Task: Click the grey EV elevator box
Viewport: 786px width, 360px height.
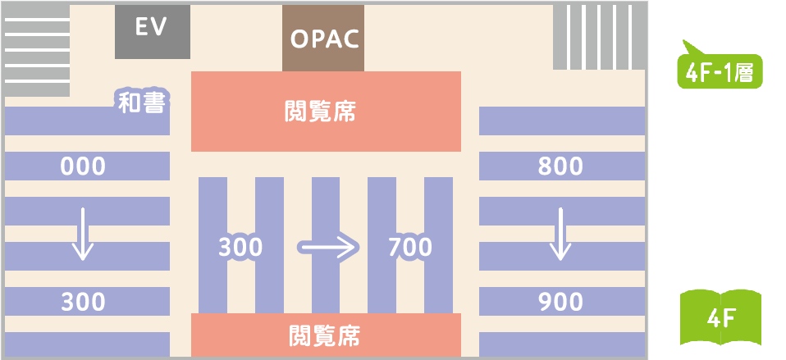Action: [152, 31]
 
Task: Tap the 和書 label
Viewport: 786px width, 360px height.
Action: [141, 103]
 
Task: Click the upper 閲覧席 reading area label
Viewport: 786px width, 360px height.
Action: [325, 112]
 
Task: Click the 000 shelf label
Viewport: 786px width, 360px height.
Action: [83, 167]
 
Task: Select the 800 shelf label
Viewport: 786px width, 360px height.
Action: [560, 167]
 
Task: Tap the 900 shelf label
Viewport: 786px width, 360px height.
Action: [560, 302]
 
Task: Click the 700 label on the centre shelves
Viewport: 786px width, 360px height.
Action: [409, 246]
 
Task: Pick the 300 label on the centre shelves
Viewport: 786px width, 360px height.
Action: [240, 246]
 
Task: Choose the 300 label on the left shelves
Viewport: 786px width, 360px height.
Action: [83, 302]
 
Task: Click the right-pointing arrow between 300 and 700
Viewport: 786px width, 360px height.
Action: [327, 245]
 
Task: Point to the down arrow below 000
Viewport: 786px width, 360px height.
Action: [81, 234]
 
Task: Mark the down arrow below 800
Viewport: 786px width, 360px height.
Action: [560, 234]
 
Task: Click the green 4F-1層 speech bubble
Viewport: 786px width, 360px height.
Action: [718, 72]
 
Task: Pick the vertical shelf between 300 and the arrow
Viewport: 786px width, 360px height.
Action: [269, 245]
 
